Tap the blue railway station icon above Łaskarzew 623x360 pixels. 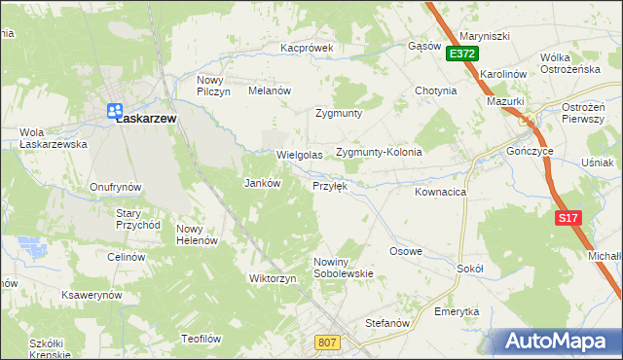[x=114, y=110]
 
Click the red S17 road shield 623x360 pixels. [x=569, y=219]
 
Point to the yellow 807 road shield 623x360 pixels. [x=328, y=342]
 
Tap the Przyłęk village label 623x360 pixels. [x=330, y=185]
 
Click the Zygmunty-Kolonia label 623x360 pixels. [x=379, y=153]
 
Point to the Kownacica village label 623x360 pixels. [x=440, y=193]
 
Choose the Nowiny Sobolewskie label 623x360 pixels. [x=344, y=268]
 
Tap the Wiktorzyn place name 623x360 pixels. [x=273, y=278]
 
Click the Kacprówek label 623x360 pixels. [x=307, y=47]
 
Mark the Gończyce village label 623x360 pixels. [x=531, y=153]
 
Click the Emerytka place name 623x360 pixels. [x=457, y=311]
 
